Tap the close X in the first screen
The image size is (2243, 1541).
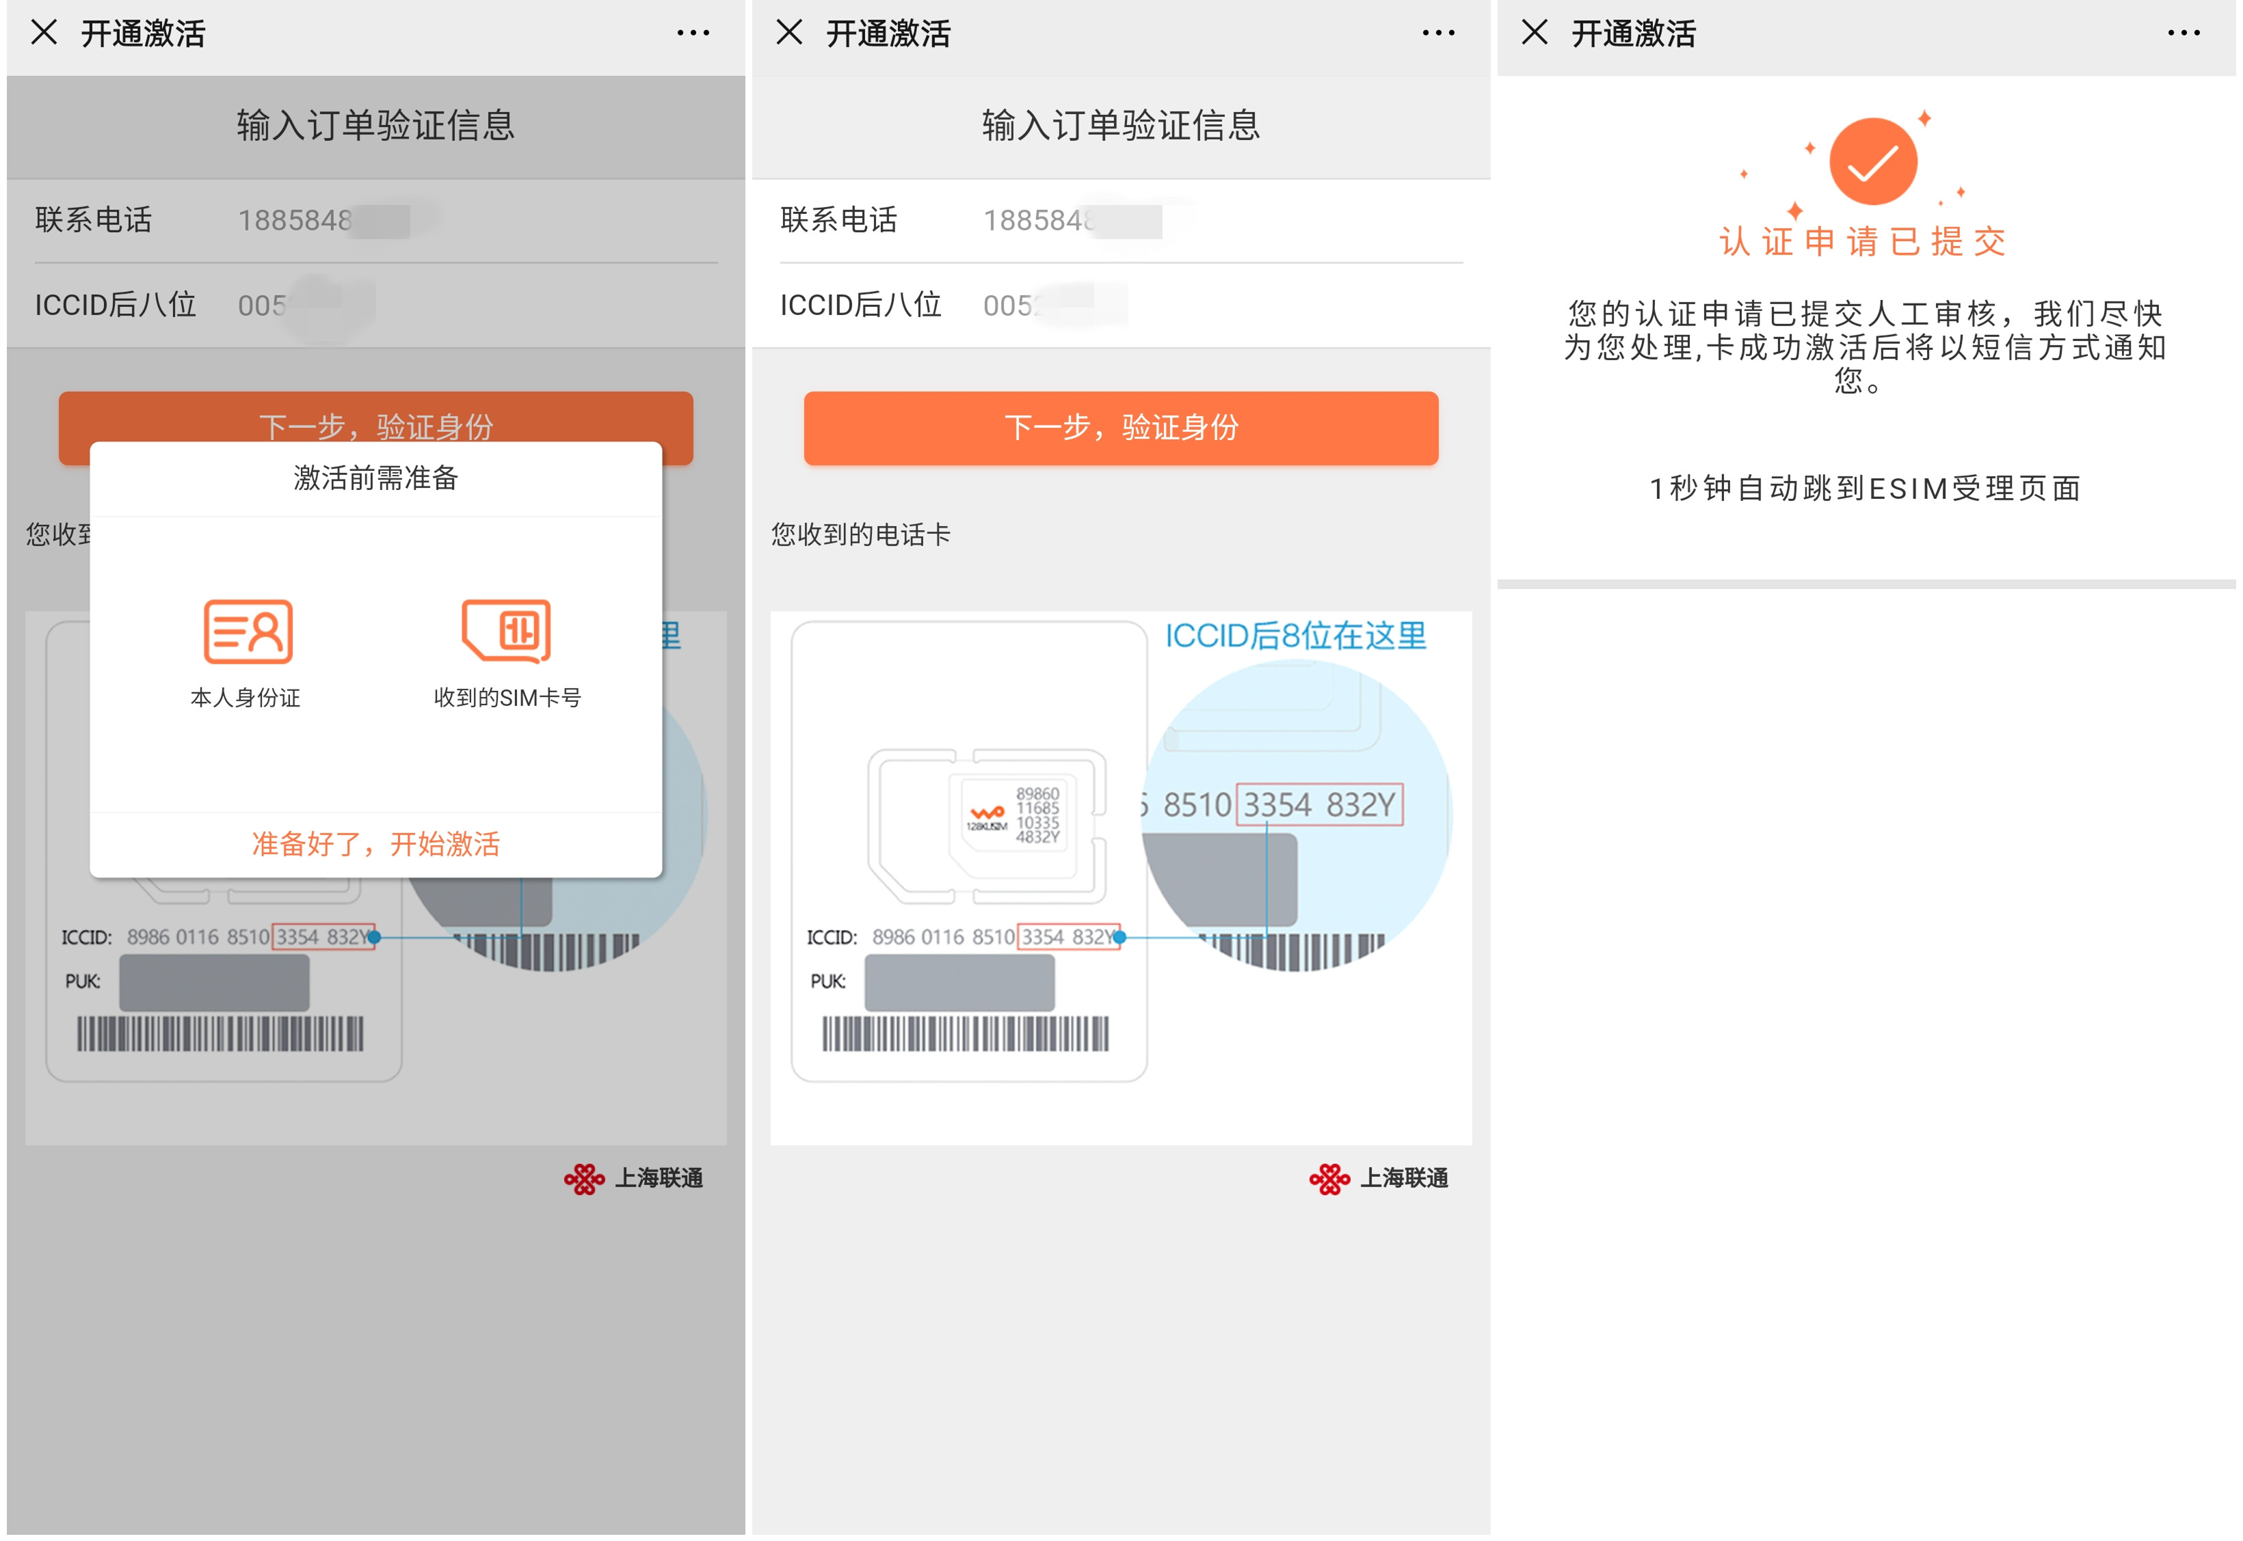click(44, 33)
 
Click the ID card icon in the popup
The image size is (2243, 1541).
click(248, 631)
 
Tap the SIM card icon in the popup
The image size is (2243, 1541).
click(506, 631)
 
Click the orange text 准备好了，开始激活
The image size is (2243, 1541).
click(375, 844)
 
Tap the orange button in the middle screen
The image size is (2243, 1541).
click(1121, 428)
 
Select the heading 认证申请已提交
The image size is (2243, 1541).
click(1862, 241)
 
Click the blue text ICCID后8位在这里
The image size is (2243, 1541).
click(1295, 636)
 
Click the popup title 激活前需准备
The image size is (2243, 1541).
click(375, 478)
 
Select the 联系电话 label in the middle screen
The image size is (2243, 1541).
click(838, 220)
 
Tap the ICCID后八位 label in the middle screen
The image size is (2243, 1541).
click(860, 305)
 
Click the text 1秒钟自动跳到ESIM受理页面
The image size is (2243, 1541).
click(1864, 489)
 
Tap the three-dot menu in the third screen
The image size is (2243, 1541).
click(2183, 33)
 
